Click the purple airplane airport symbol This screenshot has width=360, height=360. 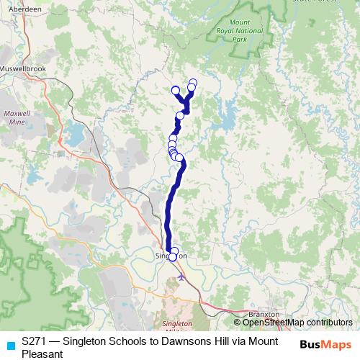point(181,275)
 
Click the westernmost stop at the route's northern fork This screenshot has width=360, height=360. point(175,90)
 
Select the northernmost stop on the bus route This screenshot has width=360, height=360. point(193,82)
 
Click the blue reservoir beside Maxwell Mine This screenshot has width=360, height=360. point(75,133)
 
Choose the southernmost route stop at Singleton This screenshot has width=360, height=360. point(173,257)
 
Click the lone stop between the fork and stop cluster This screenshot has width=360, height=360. point(180,116)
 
